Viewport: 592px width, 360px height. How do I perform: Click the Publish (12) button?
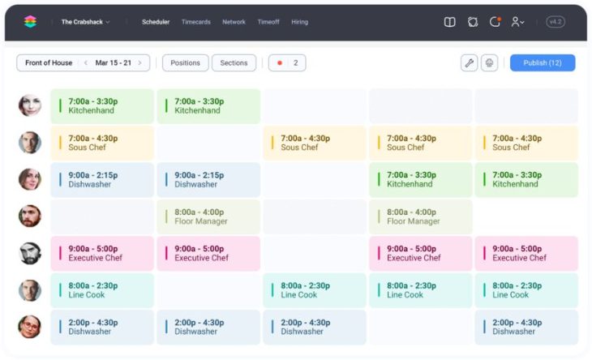pos(542,62)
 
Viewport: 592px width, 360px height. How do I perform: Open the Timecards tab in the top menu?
pos(195,22)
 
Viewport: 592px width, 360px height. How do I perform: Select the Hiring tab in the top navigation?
pos(299,22)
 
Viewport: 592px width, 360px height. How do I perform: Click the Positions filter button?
pos(185,62)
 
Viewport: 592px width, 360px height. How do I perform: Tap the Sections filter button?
pos(234,62)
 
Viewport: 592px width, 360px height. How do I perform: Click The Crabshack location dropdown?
pos(85,22)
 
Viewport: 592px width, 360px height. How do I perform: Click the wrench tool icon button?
pos(469,62)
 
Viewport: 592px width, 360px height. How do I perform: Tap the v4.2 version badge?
pos(556,22)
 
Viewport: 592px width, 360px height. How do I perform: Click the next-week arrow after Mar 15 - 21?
pos(139,62)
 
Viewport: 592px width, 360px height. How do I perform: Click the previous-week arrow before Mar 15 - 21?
pos(86,62)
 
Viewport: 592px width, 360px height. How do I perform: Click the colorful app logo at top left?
pos(30,22)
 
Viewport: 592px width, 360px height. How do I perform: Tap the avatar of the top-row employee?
pos(30,105)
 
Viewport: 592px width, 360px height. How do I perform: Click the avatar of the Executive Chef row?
pos(30,253)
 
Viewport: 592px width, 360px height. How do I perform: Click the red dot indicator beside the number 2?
pos(280,62)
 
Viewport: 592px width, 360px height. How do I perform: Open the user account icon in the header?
pos(517,22)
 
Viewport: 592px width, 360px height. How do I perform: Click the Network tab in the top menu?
pos(234,22)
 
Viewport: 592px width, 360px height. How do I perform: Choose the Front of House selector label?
pos(48,62)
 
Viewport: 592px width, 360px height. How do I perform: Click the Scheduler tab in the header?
pos(156,22)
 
